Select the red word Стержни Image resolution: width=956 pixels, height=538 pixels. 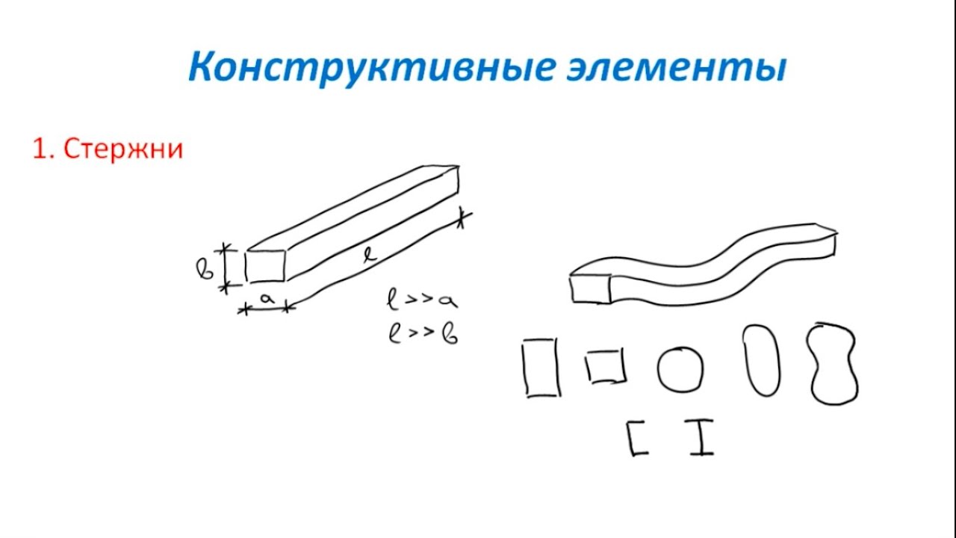click(123, 149)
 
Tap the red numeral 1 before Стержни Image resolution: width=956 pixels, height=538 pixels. click(40, 149)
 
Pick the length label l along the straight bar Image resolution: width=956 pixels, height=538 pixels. click(370, 256)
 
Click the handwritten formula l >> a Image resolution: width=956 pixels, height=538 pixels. click(422, 300)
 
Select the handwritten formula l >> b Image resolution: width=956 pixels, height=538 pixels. click(423, 333)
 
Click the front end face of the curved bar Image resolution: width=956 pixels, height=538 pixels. click(591, 289)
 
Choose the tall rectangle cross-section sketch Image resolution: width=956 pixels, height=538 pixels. click(541, 368)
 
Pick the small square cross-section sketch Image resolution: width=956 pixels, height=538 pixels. click(606, 366)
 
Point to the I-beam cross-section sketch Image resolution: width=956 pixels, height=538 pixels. click(701, 438)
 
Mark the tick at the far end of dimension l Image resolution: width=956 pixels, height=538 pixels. click(462, 217)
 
